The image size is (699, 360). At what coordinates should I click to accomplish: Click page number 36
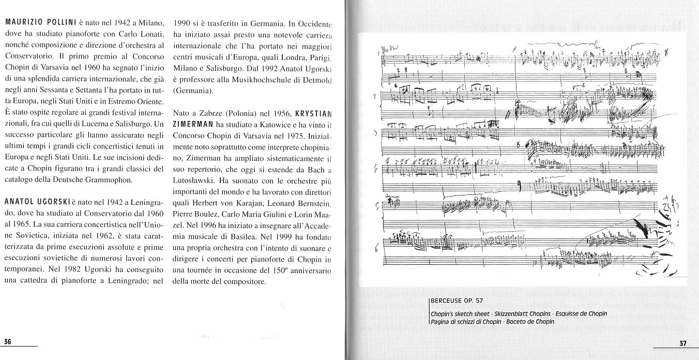point(8,341)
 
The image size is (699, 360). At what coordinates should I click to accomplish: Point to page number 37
point(683,343)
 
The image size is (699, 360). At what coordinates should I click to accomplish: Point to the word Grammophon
point(110,181)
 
